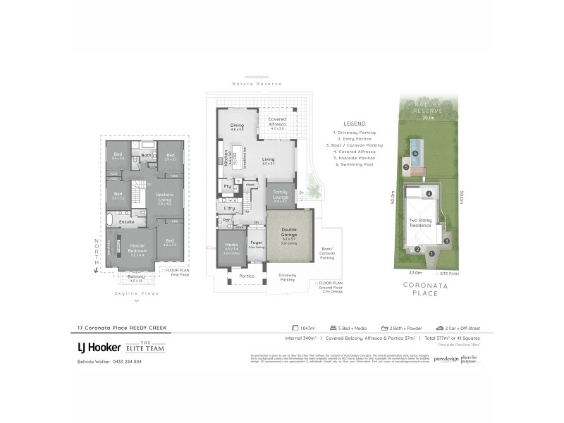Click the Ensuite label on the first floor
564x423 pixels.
tap(127, 221)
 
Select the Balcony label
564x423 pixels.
tap(137, 276)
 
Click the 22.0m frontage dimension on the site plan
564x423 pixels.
tap(415, 272)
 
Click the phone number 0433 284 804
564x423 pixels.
tap(123, 362)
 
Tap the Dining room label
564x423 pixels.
tap(237, 127)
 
